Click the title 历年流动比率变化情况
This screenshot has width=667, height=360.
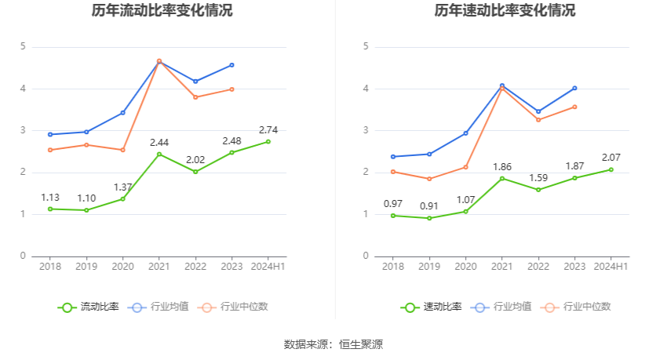point(162,11)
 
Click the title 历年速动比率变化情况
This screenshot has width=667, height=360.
point(505,11)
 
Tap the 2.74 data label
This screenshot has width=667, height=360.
point(268,129)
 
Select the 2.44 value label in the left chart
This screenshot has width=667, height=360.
point(159,142)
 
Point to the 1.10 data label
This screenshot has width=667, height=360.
point(86,198)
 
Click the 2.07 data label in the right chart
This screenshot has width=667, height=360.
point(611,158)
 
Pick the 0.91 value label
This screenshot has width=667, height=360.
point(429,206)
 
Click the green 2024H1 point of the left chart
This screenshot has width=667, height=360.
point(268,141)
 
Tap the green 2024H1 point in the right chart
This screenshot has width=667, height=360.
point(611,169)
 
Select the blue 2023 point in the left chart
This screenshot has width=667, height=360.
point(231,65)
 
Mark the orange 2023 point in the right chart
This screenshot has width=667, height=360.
point(574,107)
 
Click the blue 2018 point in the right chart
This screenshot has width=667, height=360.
point(393,157)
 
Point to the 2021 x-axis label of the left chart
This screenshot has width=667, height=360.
point(159,267)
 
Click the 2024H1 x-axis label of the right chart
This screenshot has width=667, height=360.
point(611,267)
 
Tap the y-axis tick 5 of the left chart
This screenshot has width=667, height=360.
point(24,47)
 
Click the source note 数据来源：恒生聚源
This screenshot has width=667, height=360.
point(333,344)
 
